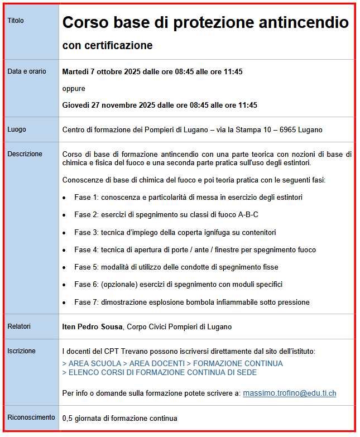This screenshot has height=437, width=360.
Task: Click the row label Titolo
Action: click(x=16, y=21)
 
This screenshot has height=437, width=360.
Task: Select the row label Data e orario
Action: click(x=27, y=71)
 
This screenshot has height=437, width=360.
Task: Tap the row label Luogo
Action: click(x=17, y=129)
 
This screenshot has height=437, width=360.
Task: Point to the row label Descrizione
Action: click(x=25, y=154)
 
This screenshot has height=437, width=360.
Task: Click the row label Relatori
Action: click(x=19, y=326)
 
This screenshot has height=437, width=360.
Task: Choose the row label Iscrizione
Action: click(x=21, y=351)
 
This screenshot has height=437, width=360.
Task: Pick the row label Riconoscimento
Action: click(x=31, y=417)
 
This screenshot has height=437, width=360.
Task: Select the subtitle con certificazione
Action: click(x=107, y=45)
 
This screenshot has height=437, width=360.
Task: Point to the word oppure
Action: click(x=74, y=88)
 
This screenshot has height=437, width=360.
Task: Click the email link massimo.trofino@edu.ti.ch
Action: click(x=289, y=393)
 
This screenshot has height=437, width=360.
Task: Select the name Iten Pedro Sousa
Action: click(x=92, y=326)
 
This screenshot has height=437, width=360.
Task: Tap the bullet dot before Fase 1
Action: click(x=65, y=198)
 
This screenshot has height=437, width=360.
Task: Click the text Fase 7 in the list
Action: click(x=86, y=302)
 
